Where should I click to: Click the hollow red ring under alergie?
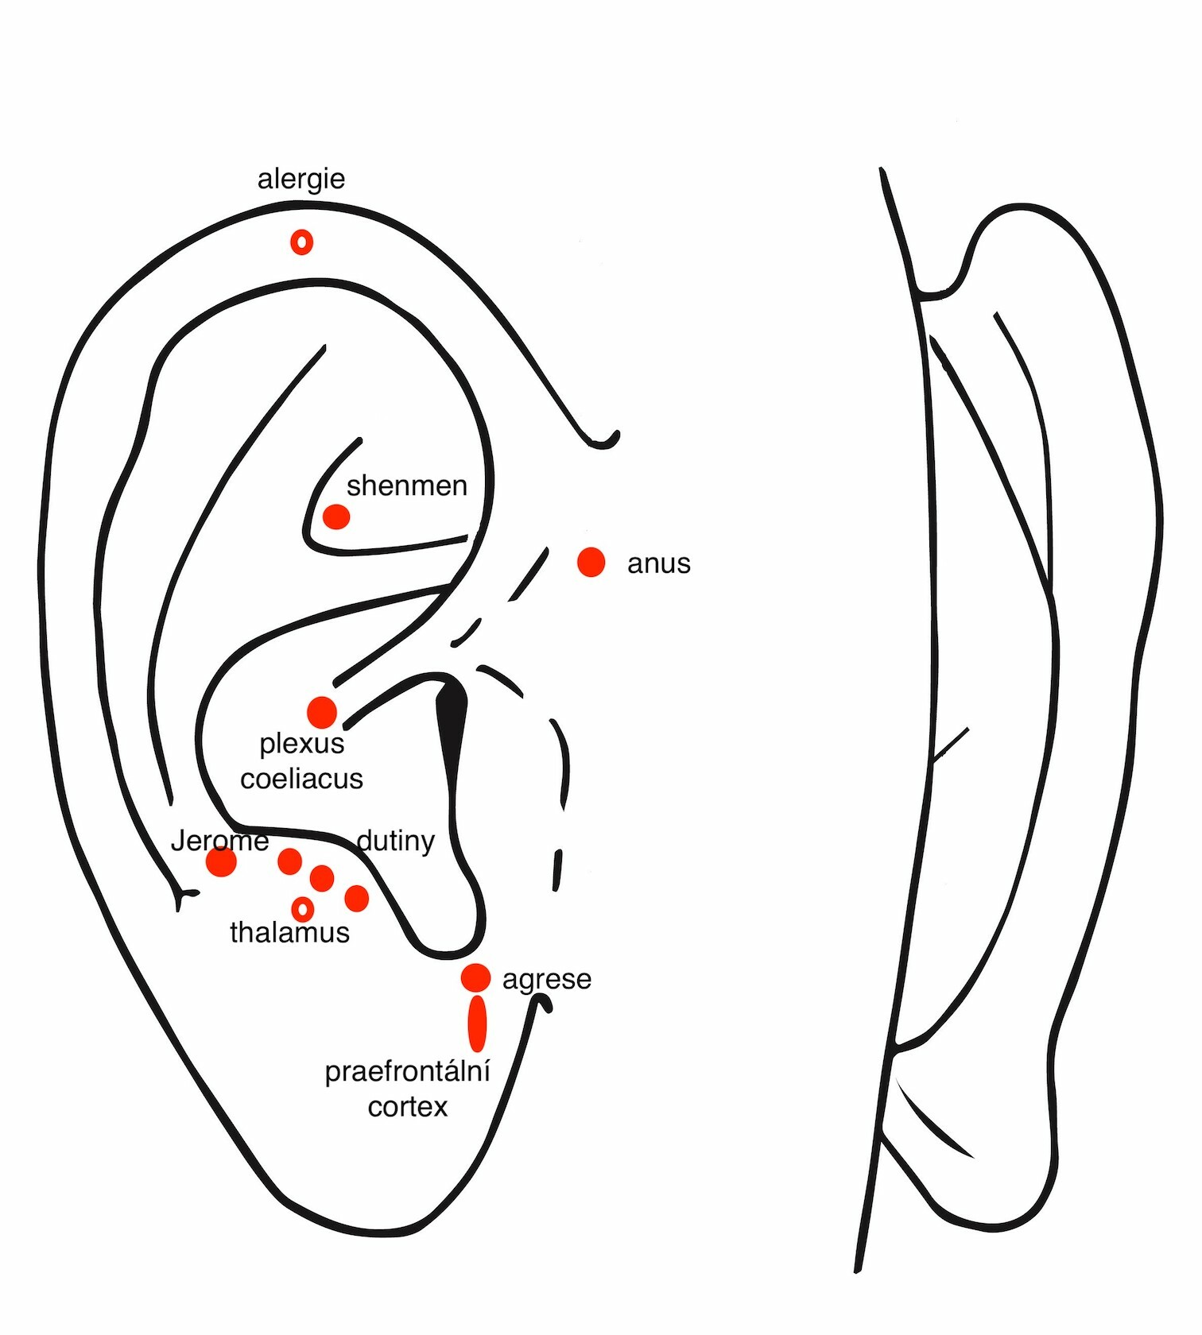pos(302,242)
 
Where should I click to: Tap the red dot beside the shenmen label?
pos(336,517)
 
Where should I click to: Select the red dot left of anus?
pos(591,562)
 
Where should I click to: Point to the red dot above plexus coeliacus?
pos(322,712)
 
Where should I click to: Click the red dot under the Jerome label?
pos(221,861)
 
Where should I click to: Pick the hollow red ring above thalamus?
pos(303,908)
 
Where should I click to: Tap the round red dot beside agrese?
pos(475,978)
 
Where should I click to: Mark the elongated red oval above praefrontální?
pos(477,1023)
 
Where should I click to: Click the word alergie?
pos(301,180)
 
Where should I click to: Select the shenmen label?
pos(407,486)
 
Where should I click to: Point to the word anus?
pos(658,564)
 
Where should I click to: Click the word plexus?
pos(302,745)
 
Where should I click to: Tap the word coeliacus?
pos(302,780)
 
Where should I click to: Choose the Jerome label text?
pos(220,841)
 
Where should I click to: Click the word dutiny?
pos(396,842)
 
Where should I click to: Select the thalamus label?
pos(289,933)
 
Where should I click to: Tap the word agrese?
pos(547,981)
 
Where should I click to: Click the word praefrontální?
pos(407,1073)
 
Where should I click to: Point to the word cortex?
pos(407,1107)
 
